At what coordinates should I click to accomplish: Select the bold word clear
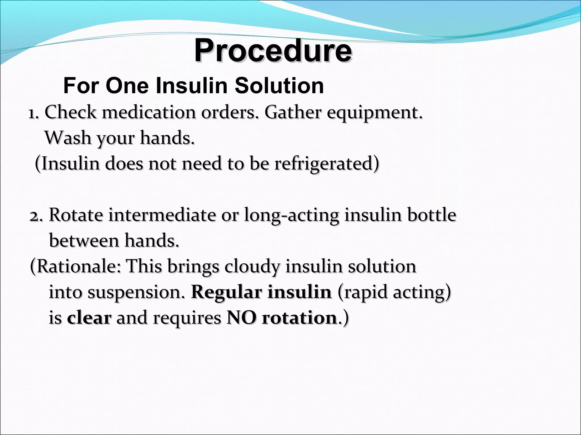89,318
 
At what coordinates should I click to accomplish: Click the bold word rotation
299,318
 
